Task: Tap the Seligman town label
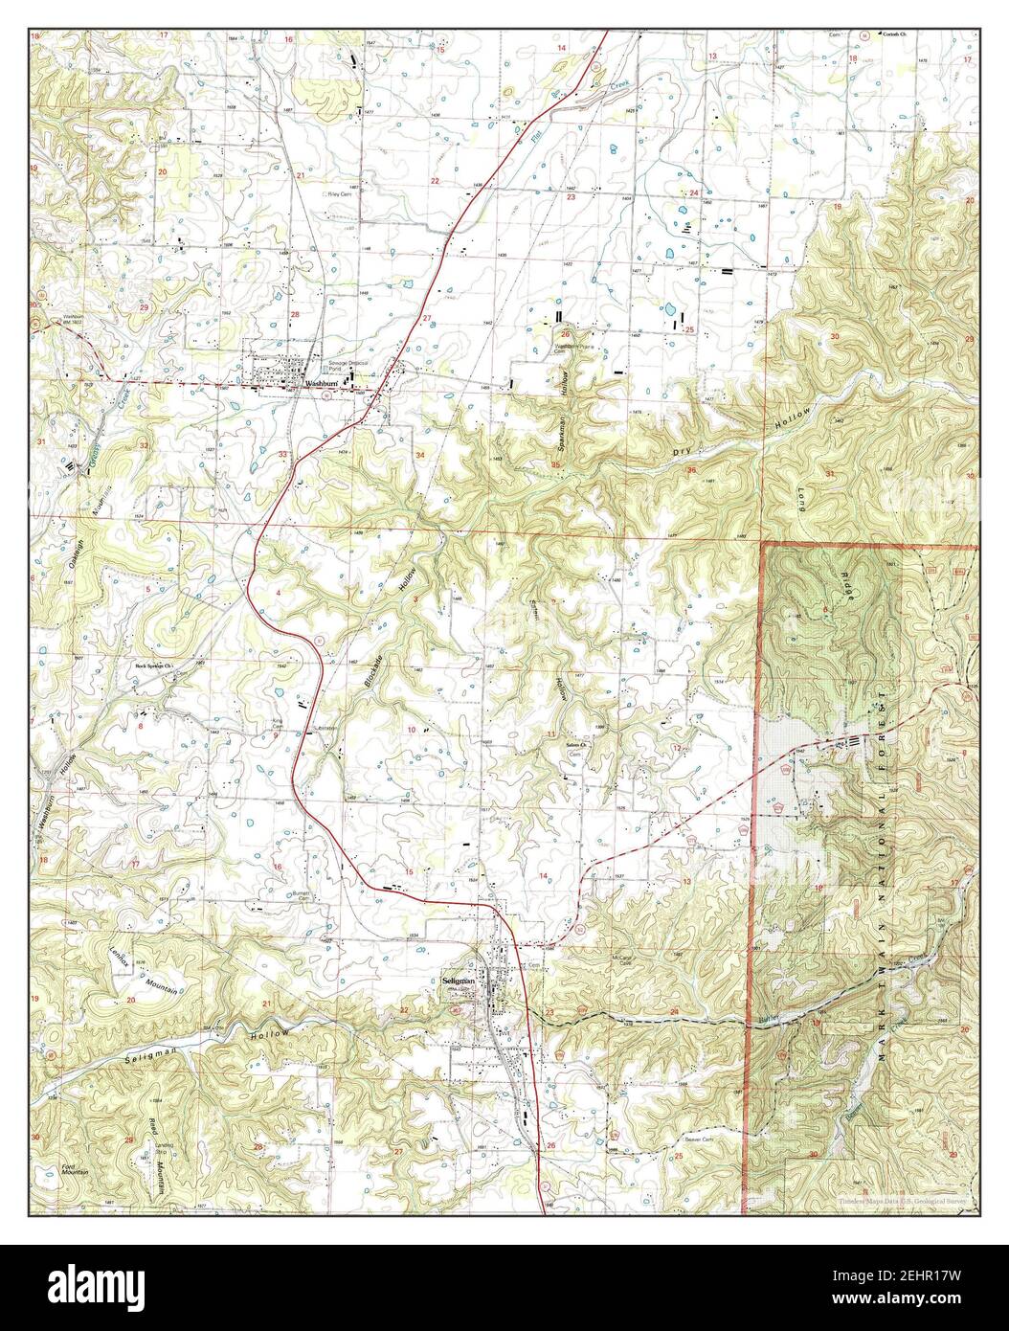460,981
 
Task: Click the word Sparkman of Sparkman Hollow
558,434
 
